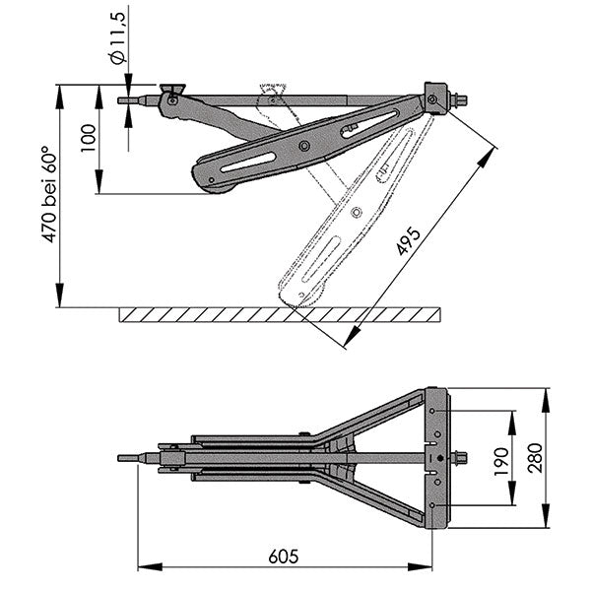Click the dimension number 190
tap(501, 459)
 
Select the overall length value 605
tap(283, 557)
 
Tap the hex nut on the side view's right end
tap(459, 99)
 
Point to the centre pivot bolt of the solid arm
tap(304, 146)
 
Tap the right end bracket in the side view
tap(433, 99)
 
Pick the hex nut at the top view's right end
tap(459, 458)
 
